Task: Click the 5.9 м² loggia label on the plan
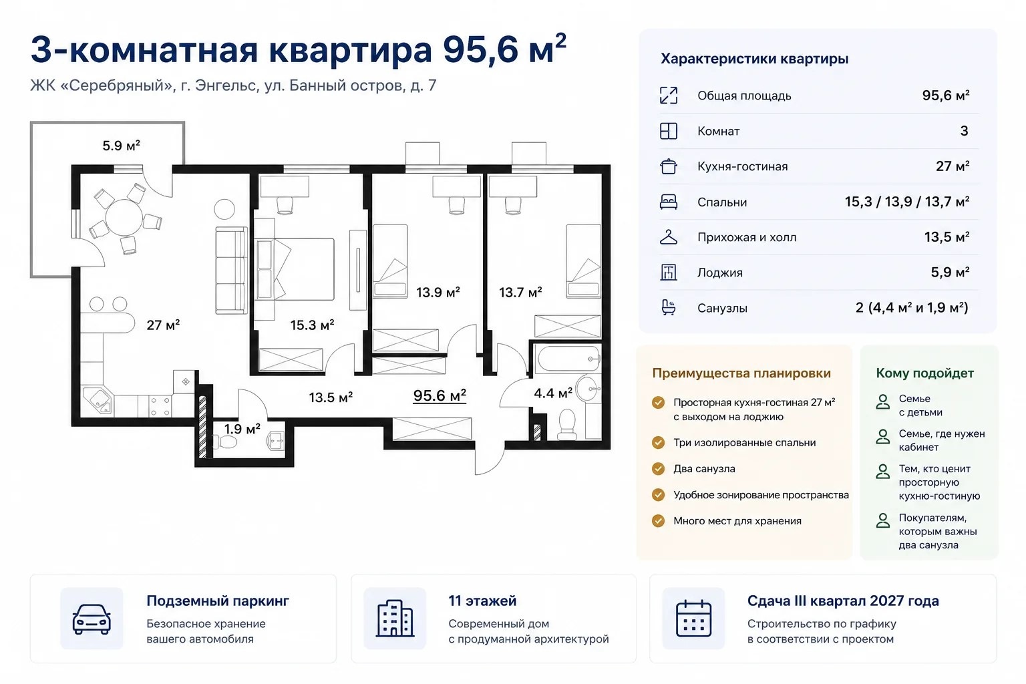pyautogui.click(x=121, y=146)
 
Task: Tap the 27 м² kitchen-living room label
pyautogui.click(x=163, y=325)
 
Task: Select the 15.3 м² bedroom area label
pyautogui.click(x=313, y=325)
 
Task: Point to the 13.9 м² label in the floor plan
pyautogui.click(x=438, y=292)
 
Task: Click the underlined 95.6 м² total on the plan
pyautogui.click(x=440, y=395)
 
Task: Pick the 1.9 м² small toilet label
pyautogui.click(x=242, y=429)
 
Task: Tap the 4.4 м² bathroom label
pyautogui.click(x=553, y=393)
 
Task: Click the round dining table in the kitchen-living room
pyautogui.click(x=124, y=218)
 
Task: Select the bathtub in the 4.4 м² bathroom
pyautogui.click(x=568, y=359)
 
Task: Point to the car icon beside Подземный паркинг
pyautogui.click(x=92, y=619)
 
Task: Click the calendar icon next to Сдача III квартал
pyautogui.click(x=693, y=619)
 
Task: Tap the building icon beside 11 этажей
pyautogui.click(x=395, y=619)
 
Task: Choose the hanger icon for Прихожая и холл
pyautogui.click(x=668, y=237)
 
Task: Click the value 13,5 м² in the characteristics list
pyautogui.click(x=947, y=237)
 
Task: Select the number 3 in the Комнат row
pyautogui.click(x=964, y=131)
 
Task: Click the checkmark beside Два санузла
pyautogui.click(x=658, y=469)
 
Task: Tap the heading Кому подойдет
pyautogui.click(x=924, y=373)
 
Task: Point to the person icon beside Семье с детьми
pyautogui.click(x=882, y=402)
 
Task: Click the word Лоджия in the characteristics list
pyautogui.click(x=720, y=273)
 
